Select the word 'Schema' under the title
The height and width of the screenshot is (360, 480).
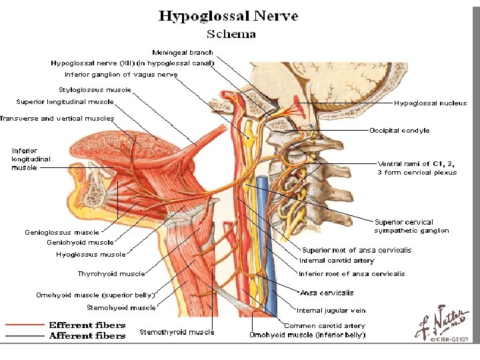pos(231,34)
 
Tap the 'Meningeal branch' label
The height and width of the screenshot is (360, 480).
pos(183,52)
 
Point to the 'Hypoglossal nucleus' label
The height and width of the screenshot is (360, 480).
pos(430,103)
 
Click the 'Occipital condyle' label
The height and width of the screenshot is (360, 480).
pos(399,131)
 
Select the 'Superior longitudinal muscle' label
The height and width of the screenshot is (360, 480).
pos(65,102)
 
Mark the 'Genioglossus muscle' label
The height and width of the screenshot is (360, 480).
pos(61,233)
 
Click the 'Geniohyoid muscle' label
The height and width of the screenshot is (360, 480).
pos(80,243)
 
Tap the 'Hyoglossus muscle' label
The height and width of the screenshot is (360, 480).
pos(90,254)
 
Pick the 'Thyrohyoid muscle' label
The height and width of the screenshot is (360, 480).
pos(111,273)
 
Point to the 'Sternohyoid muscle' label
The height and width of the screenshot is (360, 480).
pos(121,307)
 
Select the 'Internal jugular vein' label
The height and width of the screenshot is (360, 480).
pos(331,310)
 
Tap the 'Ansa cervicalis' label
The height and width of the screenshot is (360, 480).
pos(327,293)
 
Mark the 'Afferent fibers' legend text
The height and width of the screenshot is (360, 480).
pos(87,335)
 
